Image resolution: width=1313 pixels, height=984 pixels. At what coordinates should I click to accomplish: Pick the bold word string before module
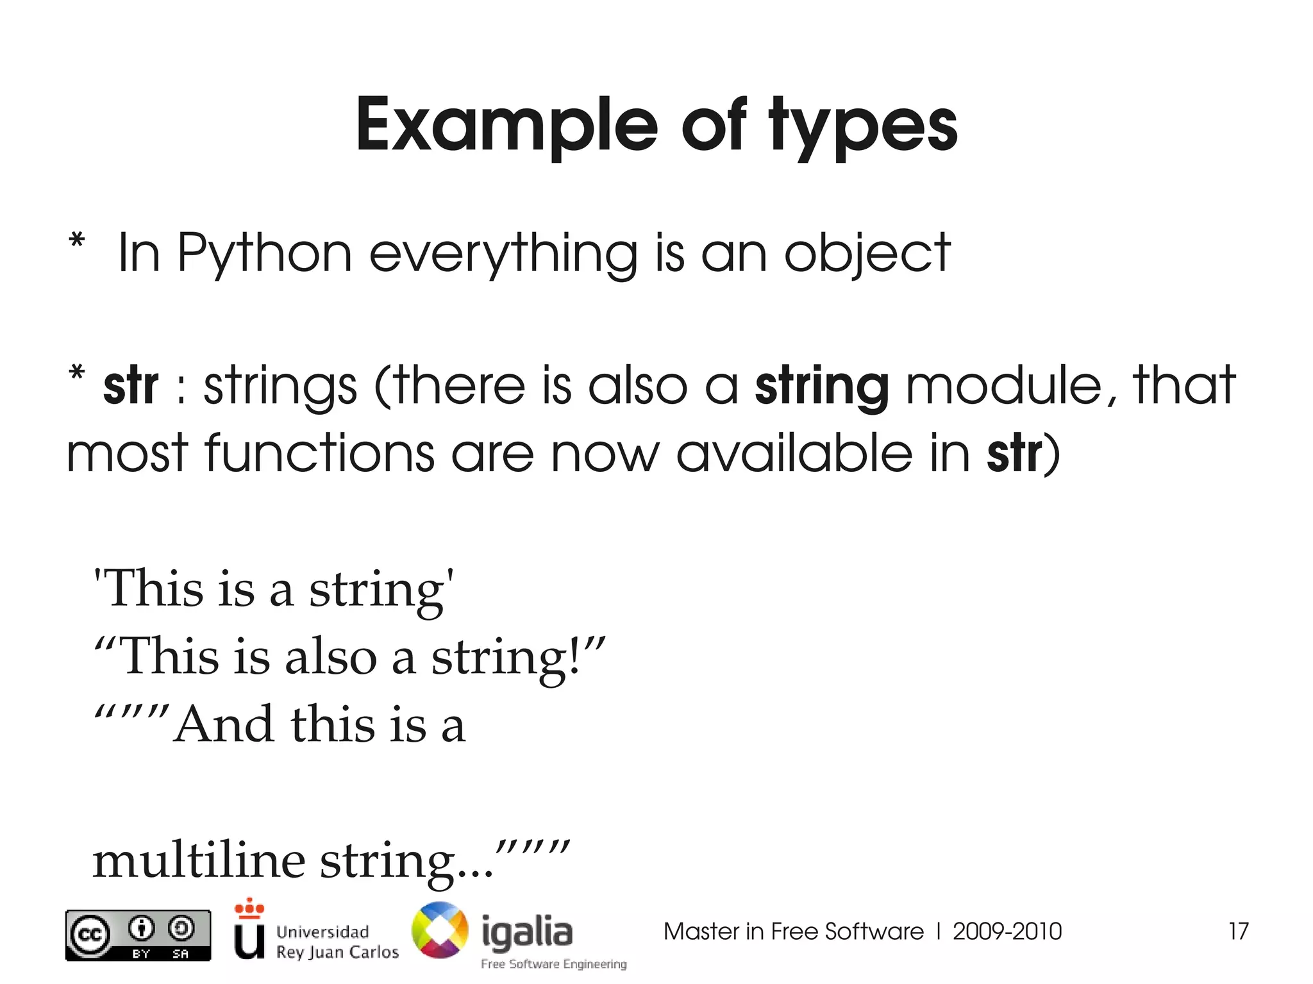[822, 387]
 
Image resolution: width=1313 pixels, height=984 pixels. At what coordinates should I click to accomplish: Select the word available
[794, 453]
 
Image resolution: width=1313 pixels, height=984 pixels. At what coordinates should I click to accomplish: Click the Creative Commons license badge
[138, 935]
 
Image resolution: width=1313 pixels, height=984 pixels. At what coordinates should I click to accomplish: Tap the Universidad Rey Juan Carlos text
[337, 942]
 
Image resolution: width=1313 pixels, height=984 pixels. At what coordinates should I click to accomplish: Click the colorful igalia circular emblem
[440, 931]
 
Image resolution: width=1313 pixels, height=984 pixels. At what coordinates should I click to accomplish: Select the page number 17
[1238, 931]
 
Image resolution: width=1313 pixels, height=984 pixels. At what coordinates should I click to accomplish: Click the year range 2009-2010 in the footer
[1007, 931]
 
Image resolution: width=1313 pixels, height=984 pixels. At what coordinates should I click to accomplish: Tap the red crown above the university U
[249, 908]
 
